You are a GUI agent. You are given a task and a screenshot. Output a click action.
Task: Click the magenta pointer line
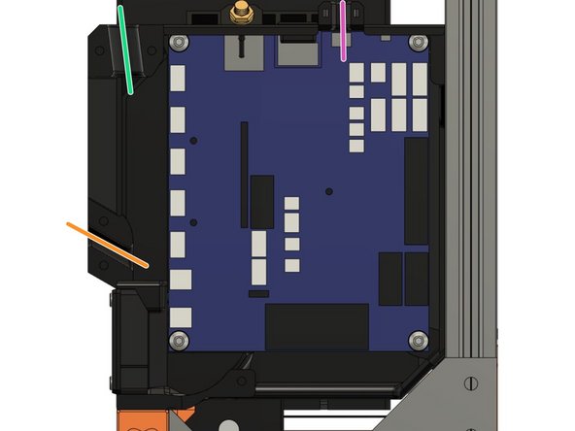(343, 30)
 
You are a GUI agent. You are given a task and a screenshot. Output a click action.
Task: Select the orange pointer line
(107, 244)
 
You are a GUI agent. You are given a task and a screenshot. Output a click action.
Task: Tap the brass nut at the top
(238, 14)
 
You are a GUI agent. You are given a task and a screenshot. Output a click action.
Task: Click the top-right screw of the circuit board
(418, 43)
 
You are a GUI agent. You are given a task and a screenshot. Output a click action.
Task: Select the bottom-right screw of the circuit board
(418, 339)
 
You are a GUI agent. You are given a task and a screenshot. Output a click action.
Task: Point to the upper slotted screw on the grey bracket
(473, 382)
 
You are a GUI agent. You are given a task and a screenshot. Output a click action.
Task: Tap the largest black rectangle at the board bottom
(317, 326)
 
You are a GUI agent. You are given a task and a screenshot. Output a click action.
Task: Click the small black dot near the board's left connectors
(194, 142)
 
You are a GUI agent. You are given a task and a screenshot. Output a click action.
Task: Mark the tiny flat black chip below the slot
(258, 292)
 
